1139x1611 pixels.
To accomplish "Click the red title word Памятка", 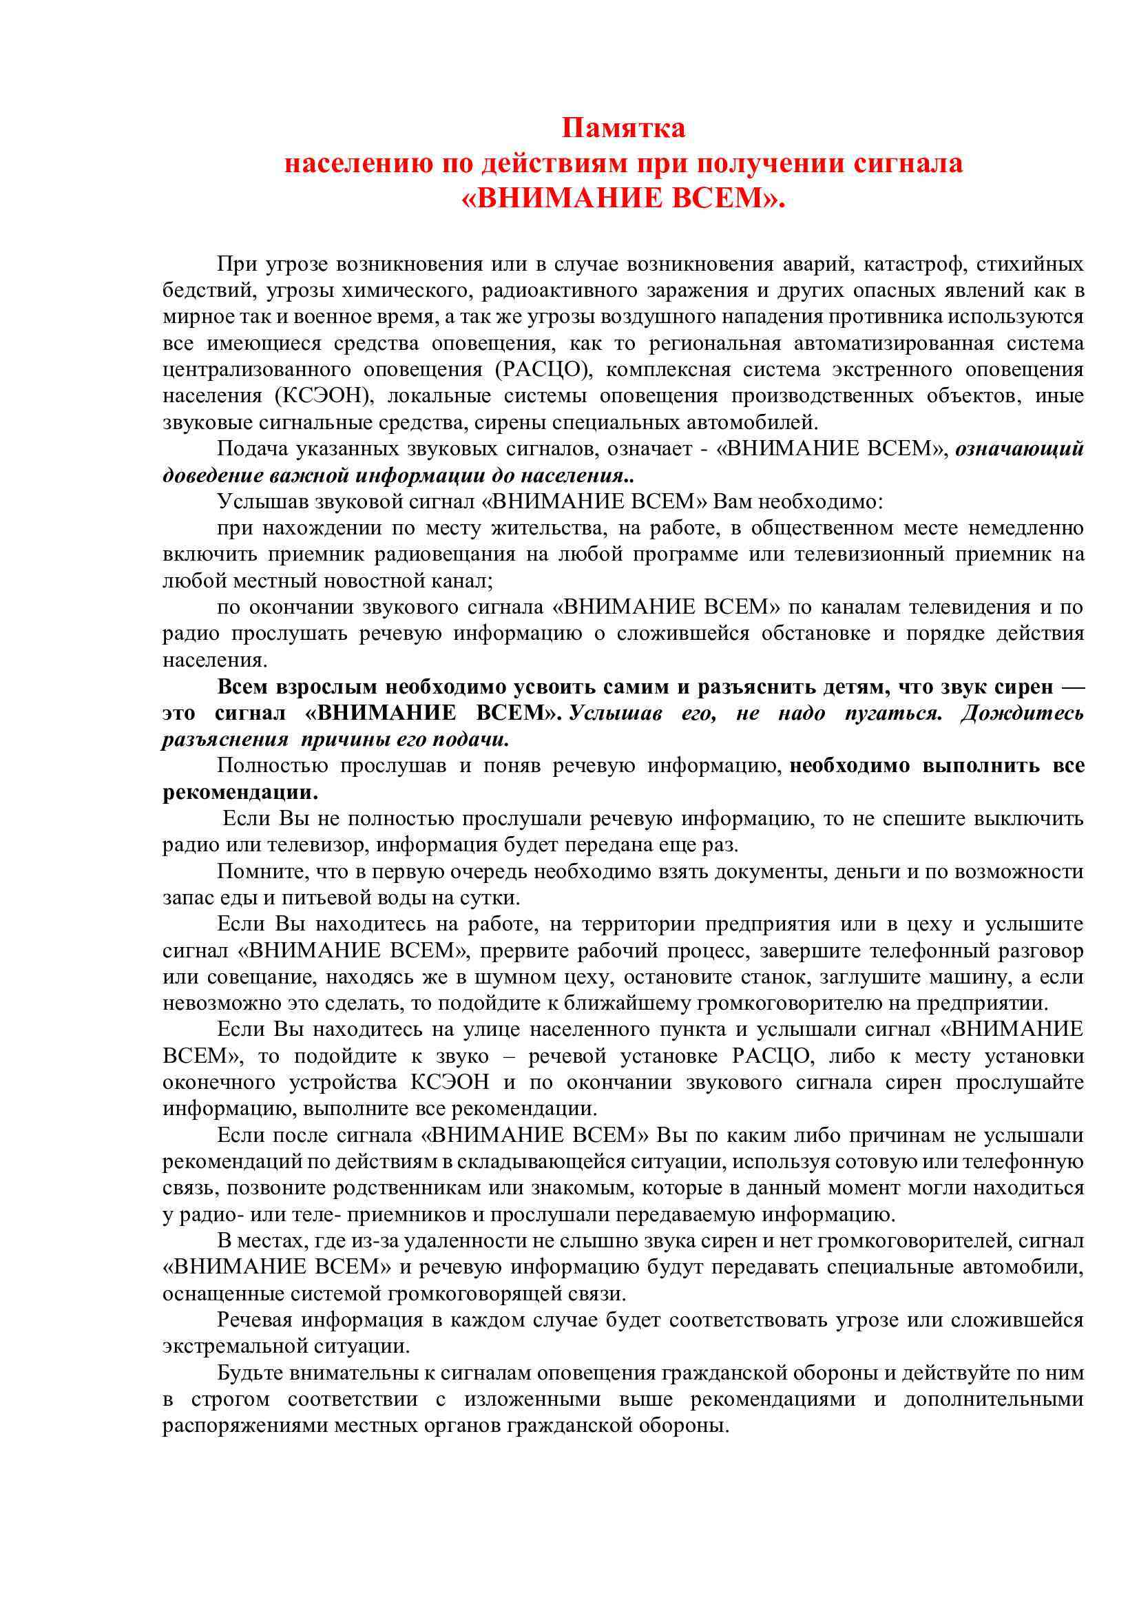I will pos(623,127).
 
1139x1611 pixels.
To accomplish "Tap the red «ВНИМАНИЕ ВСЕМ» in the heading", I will pos(623,198).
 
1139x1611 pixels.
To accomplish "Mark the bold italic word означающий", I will pos(1020,448).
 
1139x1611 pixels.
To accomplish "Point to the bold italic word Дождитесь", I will pos(1023,713).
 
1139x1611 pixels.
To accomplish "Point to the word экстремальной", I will pos(232,1347).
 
